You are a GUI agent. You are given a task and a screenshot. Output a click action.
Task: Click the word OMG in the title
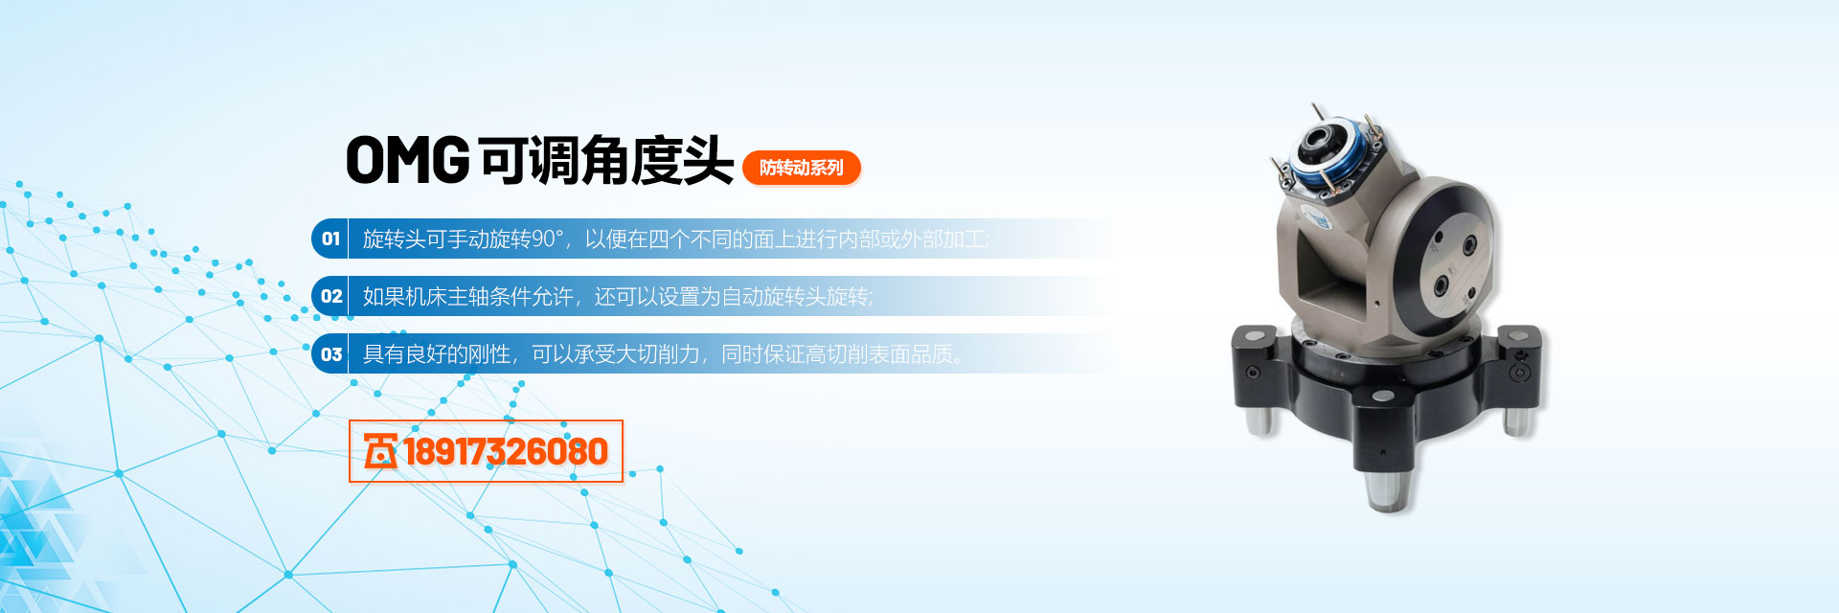pos(408,160)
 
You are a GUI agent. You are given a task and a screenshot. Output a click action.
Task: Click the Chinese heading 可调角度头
pos(606,160)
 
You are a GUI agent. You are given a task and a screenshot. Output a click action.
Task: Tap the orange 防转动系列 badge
pos(802,168)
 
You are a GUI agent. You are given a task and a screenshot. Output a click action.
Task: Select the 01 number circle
pos(330,238)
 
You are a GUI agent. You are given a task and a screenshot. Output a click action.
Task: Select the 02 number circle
pos(330,296)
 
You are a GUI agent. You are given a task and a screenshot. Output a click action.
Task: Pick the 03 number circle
pos(330,353)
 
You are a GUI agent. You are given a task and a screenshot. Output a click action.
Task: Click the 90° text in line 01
pos(548,238)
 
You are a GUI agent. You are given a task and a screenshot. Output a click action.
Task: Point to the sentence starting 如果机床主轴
pos(618,297)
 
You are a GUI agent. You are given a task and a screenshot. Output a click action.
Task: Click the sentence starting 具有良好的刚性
pos(663,354)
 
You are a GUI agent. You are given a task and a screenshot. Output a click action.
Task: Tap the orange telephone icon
pos(380,451)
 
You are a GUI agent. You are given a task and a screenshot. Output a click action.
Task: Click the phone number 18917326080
pos(506,451)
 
